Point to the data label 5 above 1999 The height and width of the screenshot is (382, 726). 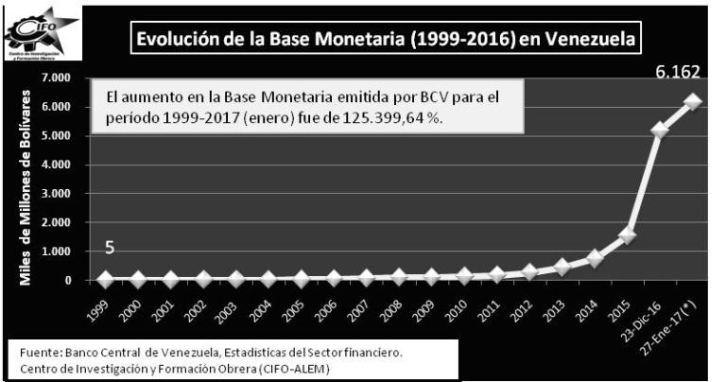111,248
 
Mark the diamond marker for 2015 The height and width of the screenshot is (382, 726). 626,235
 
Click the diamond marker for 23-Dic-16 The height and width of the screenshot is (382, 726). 660,130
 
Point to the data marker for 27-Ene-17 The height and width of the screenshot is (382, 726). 693,101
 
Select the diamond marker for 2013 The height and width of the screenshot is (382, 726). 561,267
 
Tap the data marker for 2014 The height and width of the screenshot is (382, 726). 594,257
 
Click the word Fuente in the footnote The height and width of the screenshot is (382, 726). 41,353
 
